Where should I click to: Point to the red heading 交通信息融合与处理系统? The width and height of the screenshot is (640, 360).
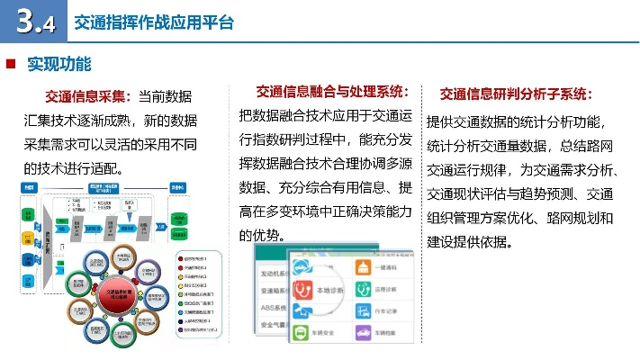click(332, 91)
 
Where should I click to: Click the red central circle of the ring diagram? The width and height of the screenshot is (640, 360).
click(121, 296)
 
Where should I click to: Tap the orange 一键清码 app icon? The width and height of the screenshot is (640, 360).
click(365, 267)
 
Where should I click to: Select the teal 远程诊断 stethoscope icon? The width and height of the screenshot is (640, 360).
click(365, 290)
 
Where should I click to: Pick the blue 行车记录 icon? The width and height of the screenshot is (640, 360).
click(365, 312)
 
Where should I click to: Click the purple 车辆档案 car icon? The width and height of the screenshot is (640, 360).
click(365, 333)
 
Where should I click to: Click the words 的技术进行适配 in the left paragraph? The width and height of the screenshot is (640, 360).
click(72, 167)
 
